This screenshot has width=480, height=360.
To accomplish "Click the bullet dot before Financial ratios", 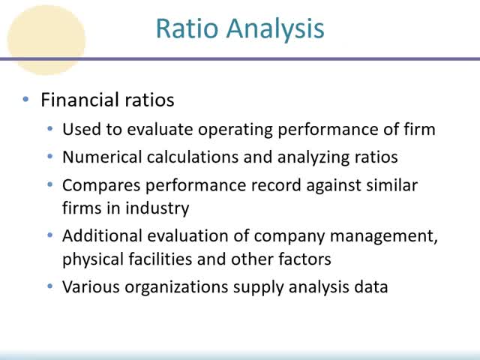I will [x=26, y=99].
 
